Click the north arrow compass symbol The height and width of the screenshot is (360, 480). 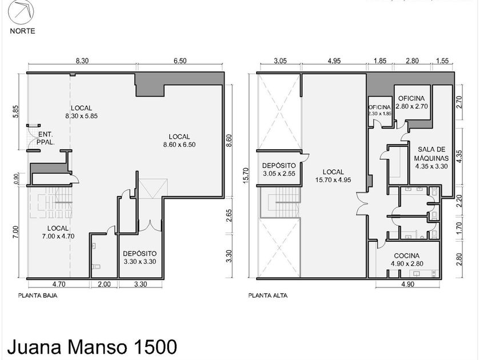tap(21, 12)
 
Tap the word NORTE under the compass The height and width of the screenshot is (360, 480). tap(22, 31)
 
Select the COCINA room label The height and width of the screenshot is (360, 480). tap(407, 259)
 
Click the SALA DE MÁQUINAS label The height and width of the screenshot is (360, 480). tap(431, 158)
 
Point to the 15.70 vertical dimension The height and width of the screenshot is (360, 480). tap(247, 176)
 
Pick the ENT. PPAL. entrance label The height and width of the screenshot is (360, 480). tap(46, 138)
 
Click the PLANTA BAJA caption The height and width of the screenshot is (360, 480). tap(38, 296)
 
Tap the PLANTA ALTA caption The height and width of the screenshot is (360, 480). tap(268, 296)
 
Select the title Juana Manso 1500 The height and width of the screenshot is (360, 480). tap(92, 347)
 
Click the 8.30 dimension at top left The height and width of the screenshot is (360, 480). tap(82, 61)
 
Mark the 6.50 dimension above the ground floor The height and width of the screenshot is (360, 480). tap(180, 61)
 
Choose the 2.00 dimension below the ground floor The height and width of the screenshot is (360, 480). tap(104, 285)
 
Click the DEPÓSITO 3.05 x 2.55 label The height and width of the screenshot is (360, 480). tap(279, 170)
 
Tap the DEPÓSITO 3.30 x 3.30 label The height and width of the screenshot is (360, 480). tap(140, 258)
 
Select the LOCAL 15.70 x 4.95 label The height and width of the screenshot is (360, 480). tap(333, 176)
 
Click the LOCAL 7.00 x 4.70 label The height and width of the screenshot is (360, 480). tap(58, 232)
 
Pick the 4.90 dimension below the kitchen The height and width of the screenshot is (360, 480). tap(407, 285)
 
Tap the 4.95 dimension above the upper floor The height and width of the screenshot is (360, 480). tap(334, 61)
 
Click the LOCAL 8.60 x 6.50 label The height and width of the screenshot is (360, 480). tap(179, 141)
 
